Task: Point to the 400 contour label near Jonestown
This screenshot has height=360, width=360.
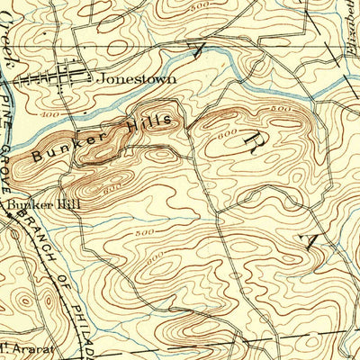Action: [x=49, y=116]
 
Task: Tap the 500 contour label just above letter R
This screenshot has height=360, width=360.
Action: [x=282, y=109]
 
